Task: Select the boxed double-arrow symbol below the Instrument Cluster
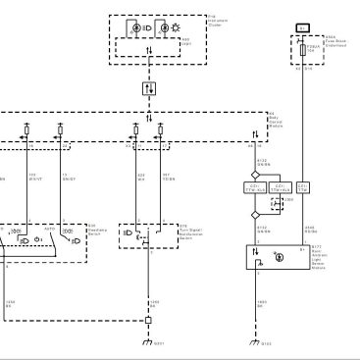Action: coord(147,88)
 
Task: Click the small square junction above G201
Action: coord(148,320)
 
